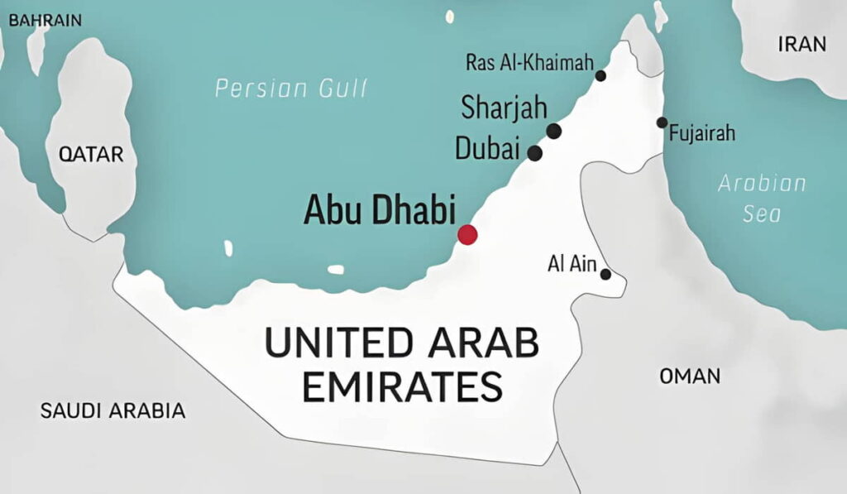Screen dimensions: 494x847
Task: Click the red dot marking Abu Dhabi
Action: coord(467,234)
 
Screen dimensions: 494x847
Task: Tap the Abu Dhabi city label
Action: coord(380,210)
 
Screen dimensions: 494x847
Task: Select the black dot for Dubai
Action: coord(535,153)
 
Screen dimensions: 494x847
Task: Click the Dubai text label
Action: coord(488,149)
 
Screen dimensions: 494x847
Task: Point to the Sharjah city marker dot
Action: coord(554,131)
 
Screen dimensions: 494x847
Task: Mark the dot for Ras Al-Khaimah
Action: coord(601,76)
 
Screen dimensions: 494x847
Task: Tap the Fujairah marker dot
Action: coord(662,122)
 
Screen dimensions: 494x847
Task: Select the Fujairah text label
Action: coord(702,133)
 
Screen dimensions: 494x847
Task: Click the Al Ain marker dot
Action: coord(606,274)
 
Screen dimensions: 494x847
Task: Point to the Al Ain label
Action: coord(571,263)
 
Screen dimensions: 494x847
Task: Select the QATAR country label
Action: coord(91,154)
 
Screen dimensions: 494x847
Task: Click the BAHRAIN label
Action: coord(45,20)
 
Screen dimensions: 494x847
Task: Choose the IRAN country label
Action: coord(802,45)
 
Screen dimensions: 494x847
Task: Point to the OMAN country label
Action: coord(689,376)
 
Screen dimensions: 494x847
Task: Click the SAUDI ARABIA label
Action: coord(112,410)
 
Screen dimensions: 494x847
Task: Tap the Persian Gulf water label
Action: coord(291,89)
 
